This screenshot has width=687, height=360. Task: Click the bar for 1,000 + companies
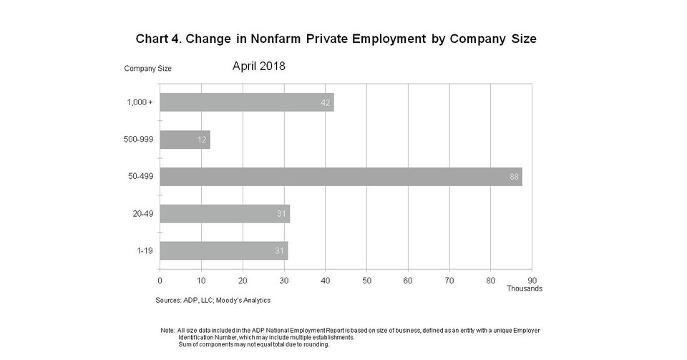246,102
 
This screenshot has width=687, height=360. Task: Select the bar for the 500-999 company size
185,140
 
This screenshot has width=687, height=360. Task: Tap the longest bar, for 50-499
341,177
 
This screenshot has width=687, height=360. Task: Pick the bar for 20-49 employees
225,213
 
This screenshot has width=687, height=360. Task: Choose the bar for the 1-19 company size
223,250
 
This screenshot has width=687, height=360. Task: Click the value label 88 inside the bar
514,177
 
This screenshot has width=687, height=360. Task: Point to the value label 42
326,102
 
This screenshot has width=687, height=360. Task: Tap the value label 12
203,140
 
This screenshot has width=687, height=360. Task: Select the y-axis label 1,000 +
140,102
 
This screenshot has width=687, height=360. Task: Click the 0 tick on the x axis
160,280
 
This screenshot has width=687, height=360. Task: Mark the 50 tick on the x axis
366,280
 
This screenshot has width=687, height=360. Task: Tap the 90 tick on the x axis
532,280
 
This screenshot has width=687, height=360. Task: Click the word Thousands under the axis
525,288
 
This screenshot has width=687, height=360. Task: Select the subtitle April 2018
259,66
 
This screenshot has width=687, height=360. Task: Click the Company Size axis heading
147,69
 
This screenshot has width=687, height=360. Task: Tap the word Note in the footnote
167,330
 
